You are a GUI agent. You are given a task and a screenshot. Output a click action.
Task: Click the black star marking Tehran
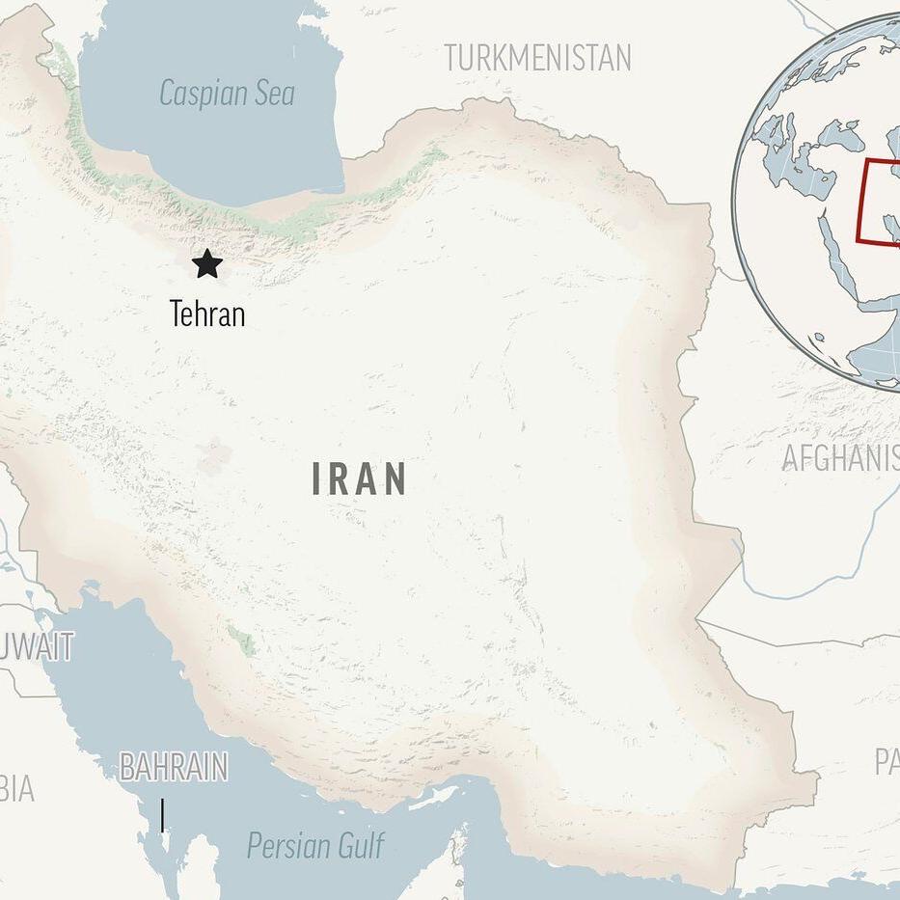(206, 263)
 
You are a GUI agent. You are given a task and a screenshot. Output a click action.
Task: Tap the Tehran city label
(206, 314)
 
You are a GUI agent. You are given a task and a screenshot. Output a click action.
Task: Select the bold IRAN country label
(359, 479)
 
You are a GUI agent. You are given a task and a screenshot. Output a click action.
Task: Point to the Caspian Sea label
(227, 94)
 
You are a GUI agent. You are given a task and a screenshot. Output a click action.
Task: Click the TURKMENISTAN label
(537, 58)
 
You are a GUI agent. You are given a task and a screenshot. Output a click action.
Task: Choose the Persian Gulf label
(315, 846)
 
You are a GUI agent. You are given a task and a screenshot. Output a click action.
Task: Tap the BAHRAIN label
(174, 768)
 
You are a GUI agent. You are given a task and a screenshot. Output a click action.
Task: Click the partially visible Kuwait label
(39, 646)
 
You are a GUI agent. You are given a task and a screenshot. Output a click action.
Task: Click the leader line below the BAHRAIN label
(162, 815)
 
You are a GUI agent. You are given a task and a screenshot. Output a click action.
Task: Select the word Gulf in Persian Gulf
(357, 846)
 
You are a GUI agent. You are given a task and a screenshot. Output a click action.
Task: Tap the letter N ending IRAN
(395, 479)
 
